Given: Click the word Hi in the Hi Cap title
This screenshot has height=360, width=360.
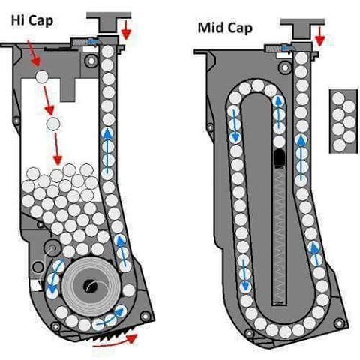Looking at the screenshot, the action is point(18,20).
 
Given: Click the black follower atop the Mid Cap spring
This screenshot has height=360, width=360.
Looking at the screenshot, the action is point(279,157).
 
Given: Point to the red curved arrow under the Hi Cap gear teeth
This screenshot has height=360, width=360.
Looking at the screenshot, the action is point(115,342).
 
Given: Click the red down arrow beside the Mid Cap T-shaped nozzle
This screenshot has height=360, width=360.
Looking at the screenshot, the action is point(319,36).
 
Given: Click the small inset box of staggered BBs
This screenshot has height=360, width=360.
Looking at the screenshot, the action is point(343,121).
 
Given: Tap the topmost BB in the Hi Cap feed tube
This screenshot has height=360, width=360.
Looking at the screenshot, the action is point(108,52).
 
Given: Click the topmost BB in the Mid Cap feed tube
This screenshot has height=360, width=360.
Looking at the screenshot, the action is point(301,58).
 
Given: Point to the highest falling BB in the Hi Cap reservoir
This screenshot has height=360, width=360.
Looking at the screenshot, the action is point(42,76).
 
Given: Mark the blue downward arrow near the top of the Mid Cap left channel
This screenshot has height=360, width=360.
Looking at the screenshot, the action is point(234,124).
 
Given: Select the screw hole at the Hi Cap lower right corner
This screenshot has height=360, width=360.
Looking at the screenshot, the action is point(145,316).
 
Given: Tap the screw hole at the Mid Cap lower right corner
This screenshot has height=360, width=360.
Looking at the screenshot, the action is point(339,323).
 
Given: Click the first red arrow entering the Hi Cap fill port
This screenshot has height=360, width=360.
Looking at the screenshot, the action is point(34,53).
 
